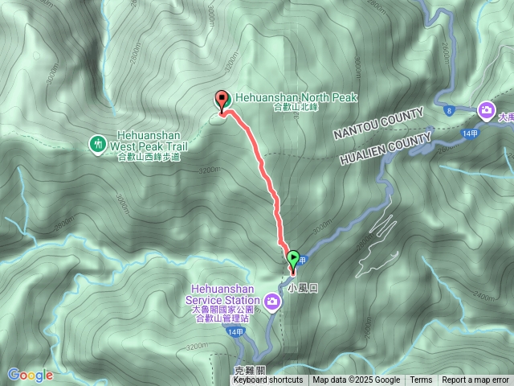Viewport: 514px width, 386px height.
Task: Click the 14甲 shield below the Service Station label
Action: point(235,331)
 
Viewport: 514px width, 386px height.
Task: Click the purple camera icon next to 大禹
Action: point(486,109)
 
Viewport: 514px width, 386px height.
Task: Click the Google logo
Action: point(31,375)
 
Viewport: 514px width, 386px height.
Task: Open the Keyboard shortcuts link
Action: point(268,380)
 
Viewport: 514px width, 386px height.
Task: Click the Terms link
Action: point(421,380)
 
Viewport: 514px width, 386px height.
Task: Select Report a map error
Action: point(475,380)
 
